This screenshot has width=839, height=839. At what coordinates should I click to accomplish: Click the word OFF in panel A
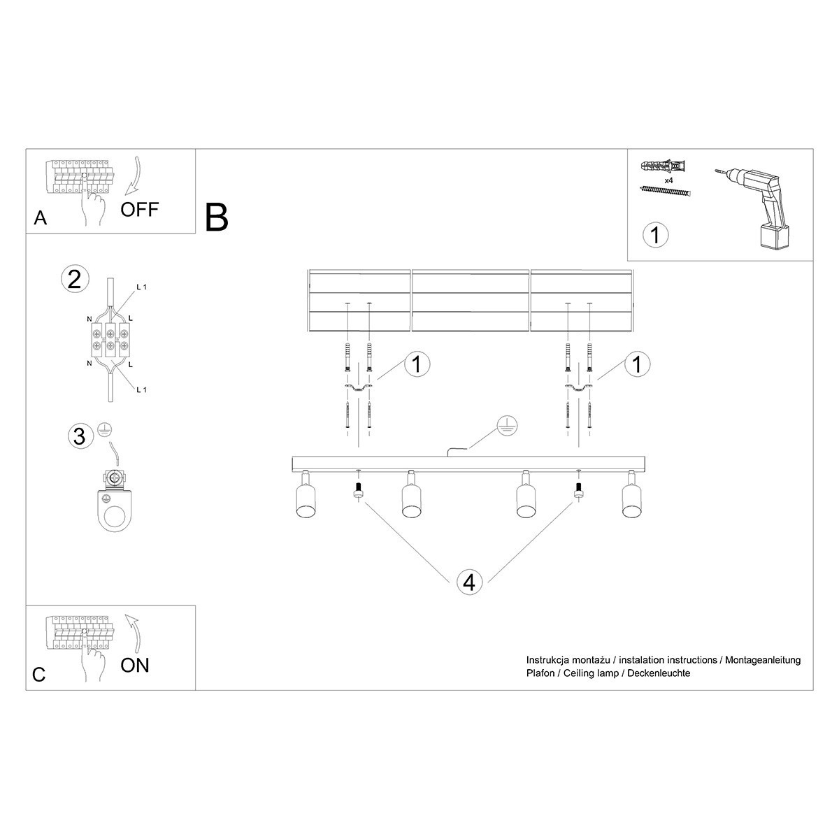[140, 209]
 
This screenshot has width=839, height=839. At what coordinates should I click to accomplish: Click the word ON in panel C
[135, 665]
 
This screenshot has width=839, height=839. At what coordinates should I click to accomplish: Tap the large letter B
[217, 217]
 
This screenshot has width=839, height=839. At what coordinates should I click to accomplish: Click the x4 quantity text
[668, 180]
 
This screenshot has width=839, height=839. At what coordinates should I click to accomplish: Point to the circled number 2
[75, 279]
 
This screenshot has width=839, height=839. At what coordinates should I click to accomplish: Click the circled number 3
[80, 436]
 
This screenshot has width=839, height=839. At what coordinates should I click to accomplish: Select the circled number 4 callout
[469, 582]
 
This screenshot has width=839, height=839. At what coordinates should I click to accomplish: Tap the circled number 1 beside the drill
[655, 235]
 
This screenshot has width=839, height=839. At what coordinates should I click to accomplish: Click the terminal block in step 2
[110, 339]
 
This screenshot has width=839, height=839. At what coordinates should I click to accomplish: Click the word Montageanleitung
[763, 660]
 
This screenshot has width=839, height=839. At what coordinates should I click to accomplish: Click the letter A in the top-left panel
[41, 220]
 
